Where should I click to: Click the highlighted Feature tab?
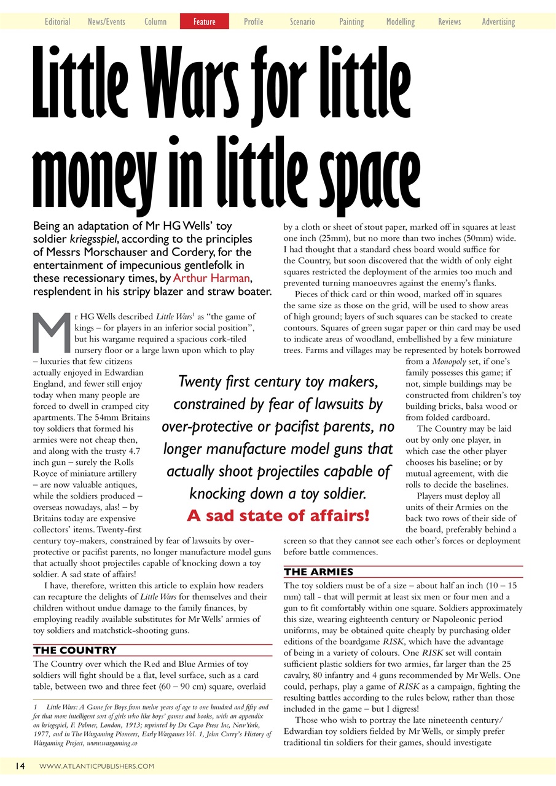click(x=204, y=21)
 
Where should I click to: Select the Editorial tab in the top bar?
click(x=57, y=21)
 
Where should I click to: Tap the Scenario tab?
click(x=302, y=21)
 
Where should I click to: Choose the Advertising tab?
click(x=498, y=21)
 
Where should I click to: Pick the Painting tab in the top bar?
click(x=351, y=21)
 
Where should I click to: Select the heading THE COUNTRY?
click(x=75, y=650)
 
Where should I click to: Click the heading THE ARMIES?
click(x=318, y=572)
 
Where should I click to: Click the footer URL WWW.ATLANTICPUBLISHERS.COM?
click(x=96, y=766)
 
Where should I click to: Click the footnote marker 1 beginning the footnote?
click(x=37, y=707)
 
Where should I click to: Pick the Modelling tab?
click(x=401, y=21)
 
